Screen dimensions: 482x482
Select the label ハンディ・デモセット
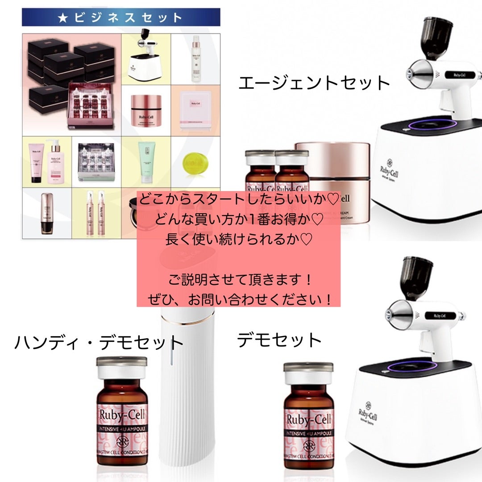coord(99,342)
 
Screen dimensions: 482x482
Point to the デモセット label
coord(279,340)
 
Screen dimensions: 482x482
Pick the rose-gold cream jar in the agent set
coord(332,179)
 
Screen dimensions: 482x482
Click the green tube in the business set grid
coord(146,164)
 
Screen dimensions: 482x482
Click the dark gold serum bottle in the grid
coord(46,213)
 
